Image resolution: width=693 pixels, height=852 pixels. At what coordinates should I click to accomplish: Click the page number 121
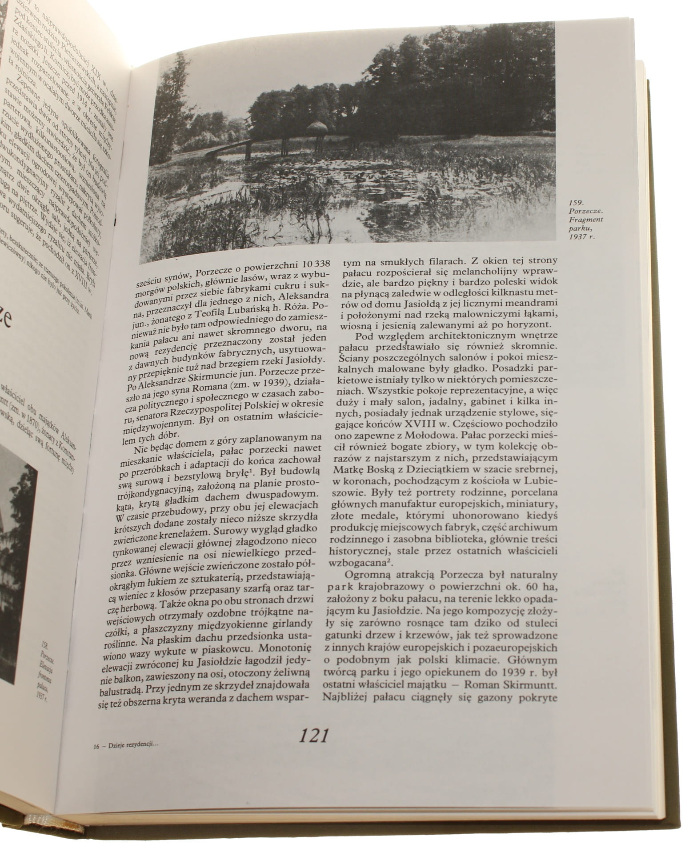pyautogui.click(x=313, y=736)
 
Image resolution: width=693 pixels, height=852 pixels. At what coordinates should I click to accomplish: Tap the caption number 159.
pyautogui.click(x=576, y=206)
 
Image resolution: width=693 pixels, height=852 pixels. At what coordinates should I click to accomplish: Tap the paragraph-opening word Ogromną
pyautogui.click(x=366, y=576)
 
